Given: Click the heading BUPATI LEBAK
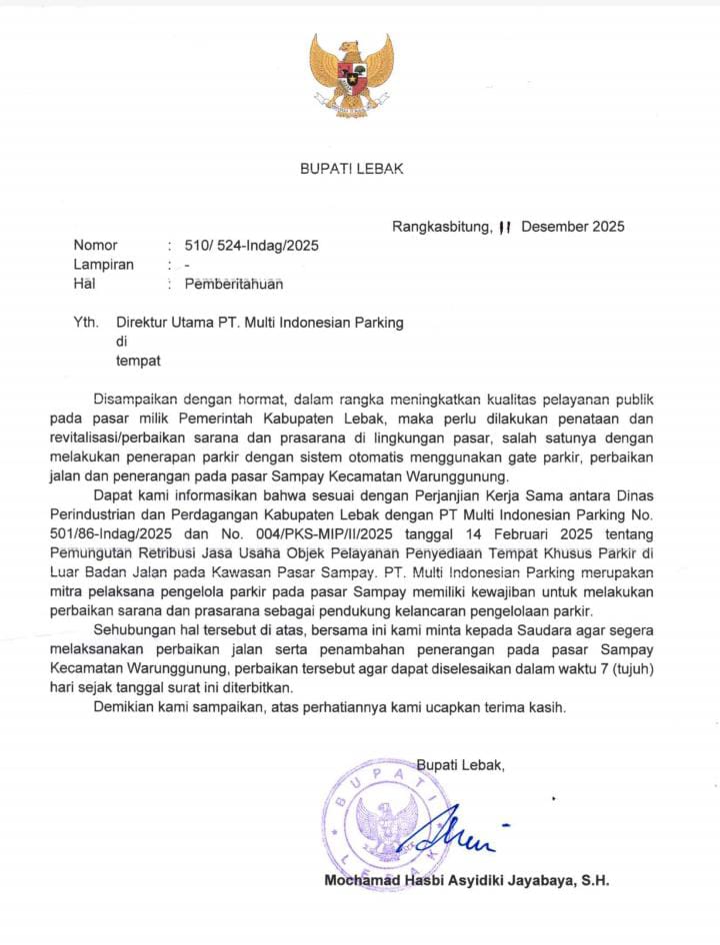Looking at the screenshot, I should click(352, 169).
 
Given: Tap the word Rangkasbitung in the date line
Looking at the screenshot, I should click(441, 226).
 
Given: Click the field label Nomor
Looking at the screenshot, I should click(95, 246).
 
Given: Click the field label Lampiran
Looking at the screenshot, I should click(103, 265).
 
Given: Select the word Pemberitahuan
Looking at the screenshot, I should click(234, 284).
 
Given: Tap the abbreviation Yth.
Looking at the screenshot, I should click(86, 323).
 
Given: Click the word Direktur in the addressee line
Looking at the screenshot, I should click(145, 323).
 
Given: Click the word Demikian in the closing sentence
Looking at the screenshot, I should click(122, 707).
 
